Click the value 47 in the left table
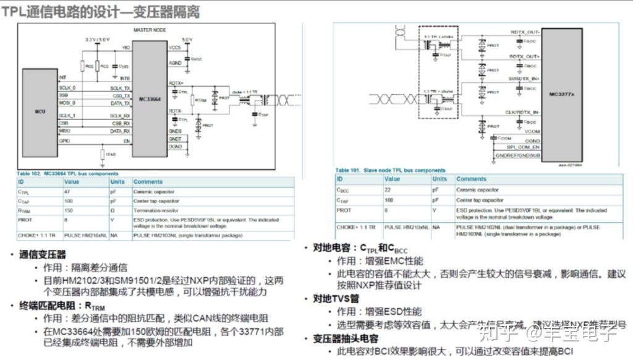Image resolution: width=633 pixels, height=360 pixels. [67, 192]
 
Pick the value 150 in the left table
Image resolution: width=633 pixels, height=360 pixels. [68, 210]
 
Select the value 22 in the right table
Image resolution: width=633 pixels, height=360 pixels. [388, 190]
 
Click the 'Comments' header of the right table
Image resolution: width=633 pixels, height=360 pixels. [471, 179]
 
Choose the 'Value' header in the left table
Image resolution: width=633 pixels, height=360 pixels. [72, 182]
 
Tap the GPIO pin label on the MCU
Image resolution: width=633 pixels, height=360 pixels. [64, 140]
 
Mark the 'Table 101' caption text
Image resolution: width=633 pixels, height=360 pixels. [389, 170]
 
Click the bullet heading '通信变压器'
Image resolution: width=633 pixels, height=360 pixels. [43, 255]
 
